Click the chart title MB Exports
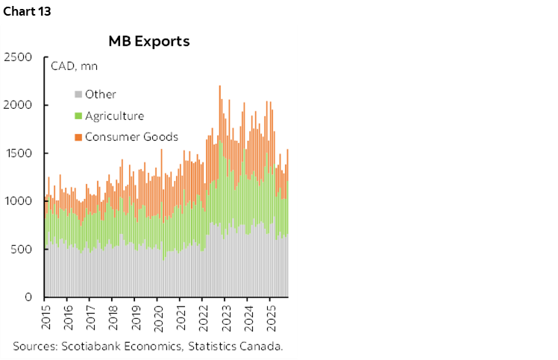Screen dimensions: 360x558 [149, 41]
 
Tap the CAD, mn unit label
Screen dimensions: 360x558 [74, 66]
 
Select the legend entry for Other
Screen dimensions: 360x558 [100, 94]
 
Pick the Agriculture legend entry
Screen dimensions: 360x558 [114, 116]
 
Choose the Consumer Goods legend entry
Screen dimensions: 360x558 [131, 136]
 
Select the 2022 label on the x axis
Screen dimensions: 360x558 [203, 317]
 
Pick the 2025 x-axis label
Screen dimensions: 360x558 [272, 317]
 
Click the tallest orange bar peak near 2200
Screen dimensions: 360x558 [219, 88]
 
